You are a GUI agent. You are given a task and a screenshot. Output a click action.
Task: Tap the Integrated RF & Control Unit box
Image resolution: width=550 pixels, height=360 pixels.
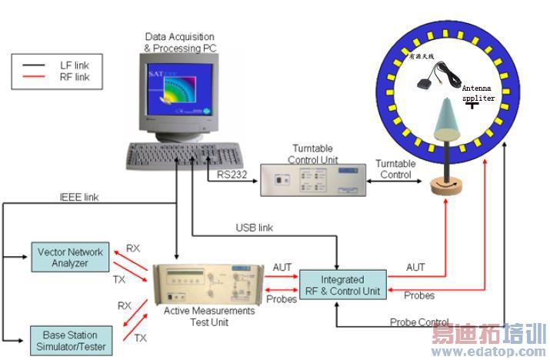(x=343, y=285)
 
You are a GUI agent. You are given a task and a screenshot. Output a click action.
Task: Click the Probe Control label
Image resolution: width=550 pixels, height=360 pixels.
(x=419, y=322)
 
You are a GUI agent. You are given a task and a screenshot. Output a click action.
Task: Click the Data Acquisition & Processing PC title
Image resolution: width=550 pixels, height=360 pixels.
(x=178, y=42)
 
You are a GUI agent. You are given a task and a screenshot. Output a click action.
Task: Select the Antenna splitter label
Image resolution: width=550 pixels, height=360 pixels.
(x=478, y=93)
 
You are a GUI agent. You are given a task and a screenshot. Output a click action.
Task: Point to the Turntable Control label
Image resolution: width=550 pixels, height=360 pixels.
(x=395, y=169)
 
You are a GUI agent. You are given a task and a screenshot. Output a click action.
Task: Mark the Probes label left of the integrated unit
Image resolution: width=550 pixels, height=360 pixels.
(x=282, y=299)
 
